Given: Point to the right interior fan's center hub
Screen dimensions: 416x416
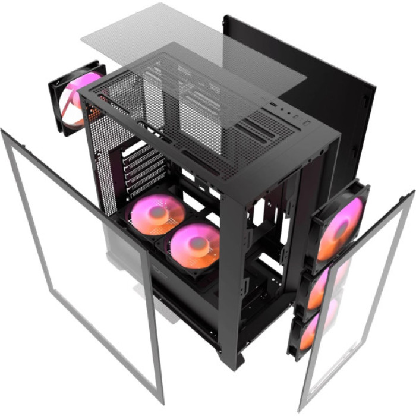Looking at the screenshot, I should (193, 241).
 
